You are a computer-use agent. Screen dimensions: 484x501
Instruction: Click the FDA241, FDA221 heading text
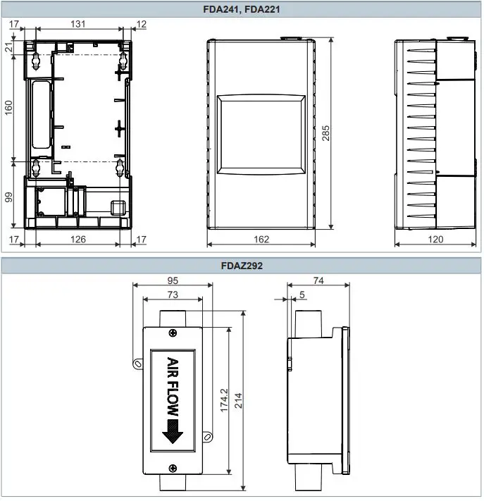[x=242, y=9]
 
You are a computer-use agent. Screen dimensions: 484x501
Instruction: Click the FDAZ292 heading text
[x=242, y=266]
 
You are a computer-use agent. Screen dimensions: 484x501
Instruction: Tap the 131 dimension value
[x=78, y=24]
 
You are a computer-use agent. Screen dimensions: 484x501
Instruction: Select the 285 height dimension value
[x=325, y=133]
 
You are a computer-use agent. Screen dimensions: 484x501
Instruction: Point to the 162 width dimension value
[x=261, y=240]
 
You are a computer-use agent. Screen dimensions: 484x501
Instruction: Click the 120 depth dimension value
[x=435, y=240]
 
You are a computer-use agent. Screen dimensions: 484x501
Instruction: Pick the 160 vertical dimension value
[x=8, y=108]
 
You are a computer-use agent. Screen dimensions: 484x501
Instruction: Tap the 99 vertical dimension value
[x=8, y=197]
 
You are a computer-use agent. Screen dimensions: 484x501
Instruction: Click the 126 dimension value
[x=78, y=240]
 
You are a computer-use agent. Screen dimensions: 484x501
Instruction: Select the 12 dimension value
[x=141, y=24]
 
